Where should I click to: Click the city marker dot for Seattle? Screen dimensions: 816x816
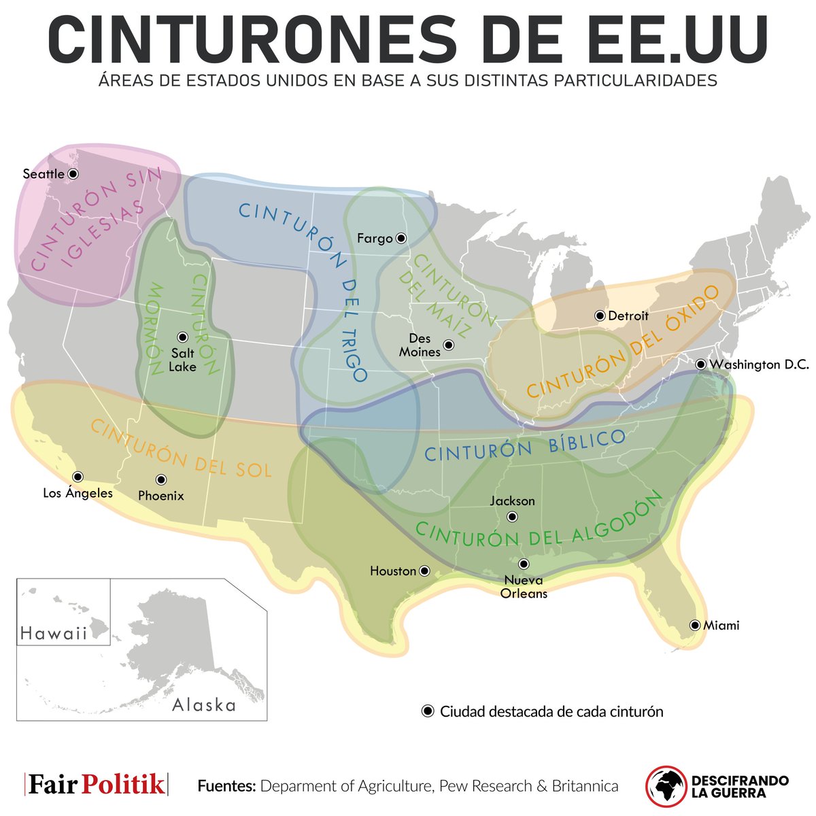[73, 174]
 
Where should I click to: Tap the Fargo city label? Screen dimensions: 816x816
[375, 238]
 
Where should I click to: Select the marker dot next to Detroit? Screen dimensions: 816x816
[600, 316]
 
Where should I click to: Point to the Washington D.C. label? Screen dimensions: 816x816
[759, 364]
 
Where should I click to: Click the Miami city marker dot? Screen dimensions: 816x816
[695, 625]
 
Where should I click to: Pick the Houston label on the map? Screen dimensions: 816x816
[392, 571]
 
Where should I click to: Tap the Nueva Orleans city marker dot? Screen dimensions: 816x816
[524, 564]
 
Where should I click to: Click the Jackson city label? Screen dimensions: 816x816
[512, 501]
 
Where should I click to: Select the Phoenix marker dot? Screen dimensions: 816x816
[161, 479]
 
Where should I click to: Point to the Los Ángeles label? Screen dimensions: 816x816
[78, 492]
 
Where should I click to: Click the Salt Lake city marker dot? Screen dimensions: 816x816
[182, 337]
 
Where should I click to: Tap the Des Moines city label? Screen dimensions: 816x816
[420, 345]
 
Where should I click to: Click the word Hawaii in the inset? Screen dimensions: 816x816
[54, 634]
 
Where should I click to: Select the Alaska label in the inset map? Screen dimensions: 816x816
[203, 704]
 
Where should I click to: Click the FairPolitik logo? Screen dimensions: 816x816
[96, 785]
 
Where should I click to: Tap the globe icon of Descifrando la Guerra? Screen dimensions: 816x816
[665, 787]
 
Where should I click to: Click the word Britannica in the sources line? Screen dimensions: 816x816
[585, 786]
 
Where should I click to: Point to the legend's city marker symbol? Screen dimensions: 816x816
[428, 711]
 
